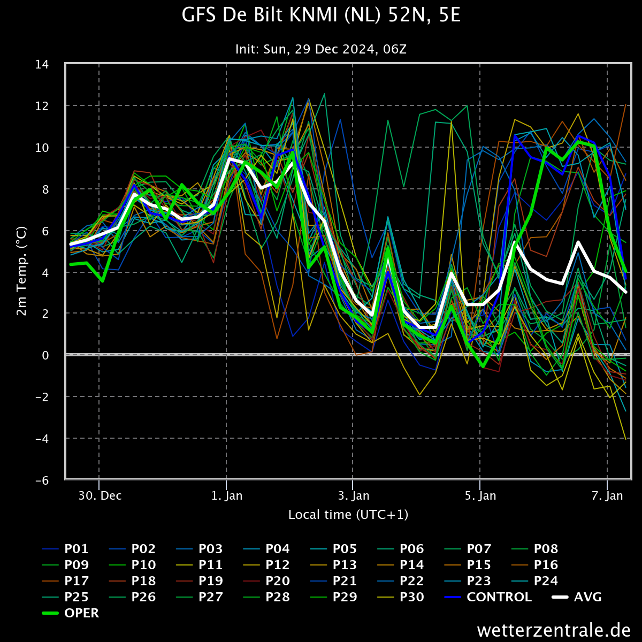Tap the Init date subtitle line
321,49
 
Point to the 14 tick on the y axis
42,64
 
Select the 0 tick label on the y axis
45,355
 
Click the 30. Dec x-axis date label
100,496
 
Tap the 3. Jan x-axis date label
354,496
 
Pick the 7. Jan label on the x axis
607,496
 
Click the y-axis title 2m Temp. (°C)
21,271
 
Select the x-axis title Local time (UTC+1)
348,515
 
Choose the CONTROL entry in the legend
488,597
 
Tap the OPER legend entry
71,613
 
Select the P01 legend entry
65,549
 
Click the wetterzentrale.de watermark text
554,630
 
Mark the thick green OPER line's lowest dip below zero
483,366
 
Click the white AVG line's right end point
626,292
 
